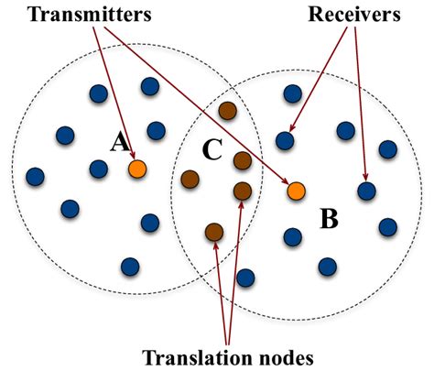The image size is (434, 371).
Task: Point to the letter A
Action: pos(117,142)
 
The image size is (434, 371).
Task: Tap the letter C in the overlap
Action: pos(212,150)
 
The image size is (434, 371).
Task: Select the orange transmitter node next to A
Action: pos(137,169)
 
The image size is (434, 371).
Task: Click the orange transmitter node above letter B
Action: pos(296,191)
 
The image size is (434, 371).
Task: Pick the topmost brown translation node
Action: pos(228,112)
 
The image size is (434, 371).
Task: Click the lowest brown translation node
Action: pos(213,232)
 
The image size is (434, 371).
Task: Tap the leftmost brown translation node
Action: pos(190,178)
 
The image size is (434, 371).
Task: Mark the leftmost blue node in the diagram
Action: pos(36,176)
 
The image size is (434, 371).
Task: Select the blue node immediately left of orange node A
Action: pos(98,168)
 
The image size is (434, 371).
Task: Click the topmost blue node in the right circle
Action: pos(292,93)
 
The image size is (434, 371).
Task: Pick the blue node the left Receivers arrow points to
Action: pos(285,140)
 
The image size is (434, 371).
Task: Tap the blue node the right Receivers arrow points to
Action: pos(366,191)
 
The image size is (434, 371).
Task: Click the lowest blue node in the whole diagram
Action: pos(244,277)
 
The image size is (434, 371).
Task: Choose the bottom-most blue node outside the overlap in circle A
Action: pos(130,266)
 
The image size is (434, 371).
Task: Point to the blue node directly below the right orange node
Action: pos(292,236)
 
